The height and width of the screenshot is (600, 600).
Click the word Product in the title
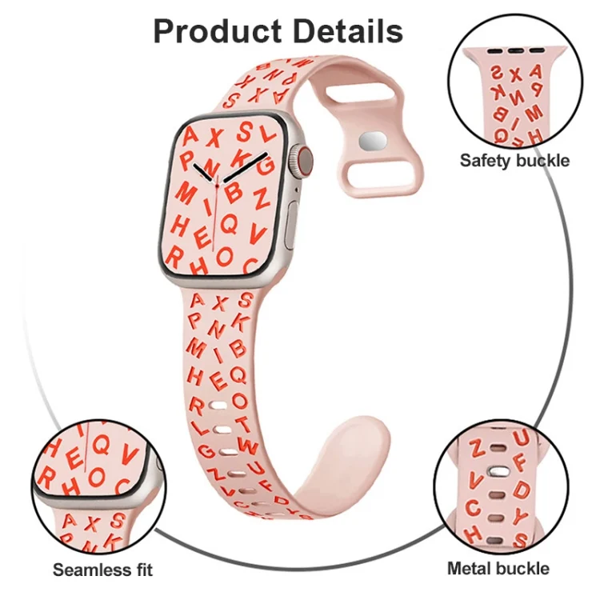click(218, 31)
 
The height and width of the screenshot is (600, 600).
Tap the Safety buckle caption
click(514, 160)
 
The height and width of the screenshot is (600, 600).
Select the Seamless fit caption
click(102, 570)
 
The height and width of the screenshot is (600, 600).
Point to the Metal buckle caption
click(498, 568)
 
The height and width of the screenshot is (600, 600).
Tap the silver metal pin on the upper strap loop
click(373, 141)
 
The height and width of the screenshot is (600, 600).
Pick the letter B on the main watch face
click(234, 193)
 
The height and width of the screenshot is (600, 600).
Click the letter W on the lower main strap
click(247, 446)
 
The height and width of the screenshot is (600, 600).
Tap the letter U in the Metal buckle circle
click(521, 438)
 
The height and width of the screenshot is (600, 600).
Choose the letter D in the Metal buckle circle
click(522, 490)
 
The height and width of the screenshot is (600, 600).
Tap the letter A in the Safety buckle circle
click(535, 71)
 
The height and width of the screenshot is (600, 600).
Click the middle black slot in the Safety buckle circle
click(515, 51)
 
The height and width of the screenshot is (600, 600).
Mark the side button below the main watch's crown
click(291, 225)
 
